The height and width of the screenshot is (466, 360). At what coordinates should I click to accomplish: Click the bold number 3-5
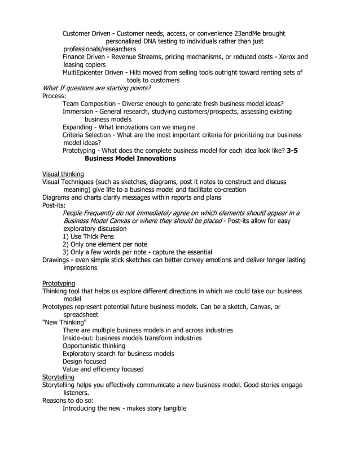coord(292,151)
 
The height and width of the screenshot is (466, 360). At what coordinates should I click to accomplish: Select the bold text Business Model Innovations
coord(130,159)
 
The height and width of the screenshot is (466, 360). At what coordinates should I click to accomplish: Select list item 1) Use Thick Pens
coord(88,236)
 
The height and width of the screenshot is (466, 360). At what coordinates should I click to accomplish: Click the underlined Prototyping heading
coord(59,283)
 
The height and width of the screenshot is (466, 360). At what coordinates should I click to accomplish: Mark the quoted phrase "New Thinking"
coord(65,322)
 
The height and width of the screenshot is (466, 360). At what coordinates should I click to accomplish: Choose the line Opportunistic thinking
coord(94,346)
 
